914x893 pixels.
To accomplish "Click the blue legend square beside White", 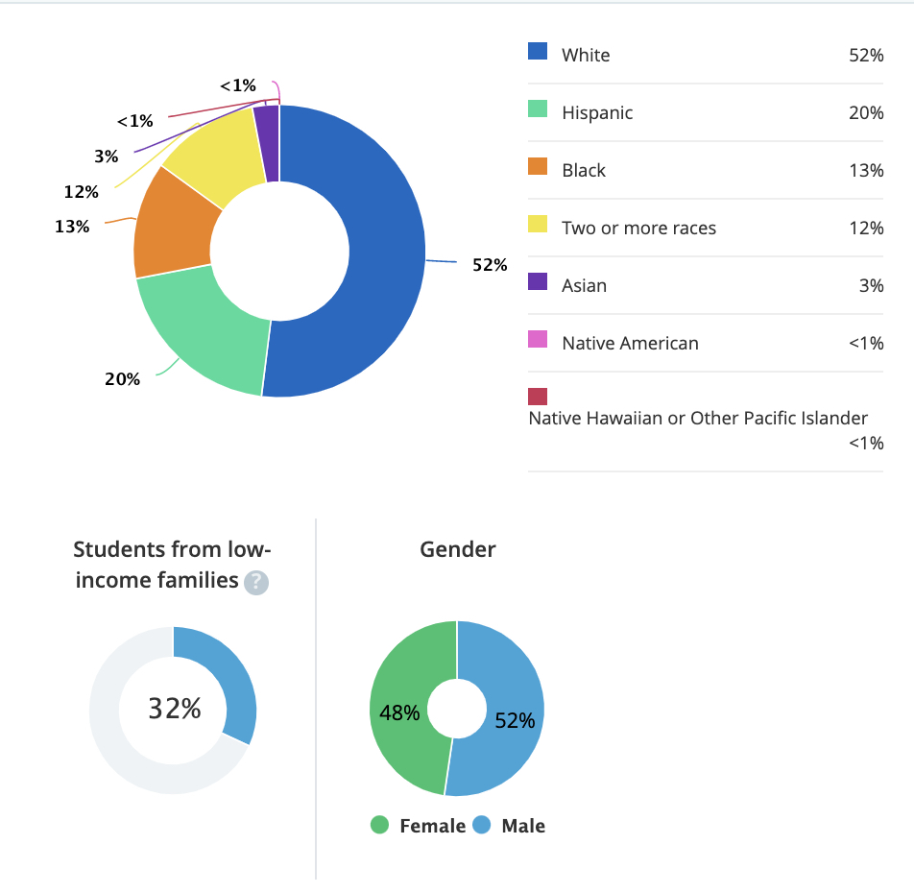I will point(538,51).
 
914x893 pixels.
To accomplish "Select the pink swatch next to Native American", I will point(538,339).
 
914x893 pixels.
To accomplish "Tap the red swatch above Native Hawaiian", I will point(538,396).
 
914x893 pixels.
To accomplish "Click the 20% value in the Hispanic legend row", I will point(865,112).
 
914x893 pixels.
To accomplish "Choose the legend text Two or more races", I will point(638,228).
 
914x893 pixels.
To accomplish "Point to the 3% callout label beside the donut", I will point(107,157).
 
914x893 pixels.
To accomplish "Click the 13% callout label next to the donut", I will point(72,227).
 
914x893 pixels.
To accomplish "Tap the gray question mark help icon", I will point(256,582).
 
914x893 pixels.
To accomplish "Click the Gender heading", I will point(458,549).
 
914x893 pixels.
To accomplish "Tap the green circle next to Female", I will point(380,825).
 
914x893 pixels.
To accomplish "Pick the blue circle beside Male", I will point(482,825).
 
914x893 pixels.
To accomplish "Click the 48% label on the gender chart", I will point(398,712).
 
